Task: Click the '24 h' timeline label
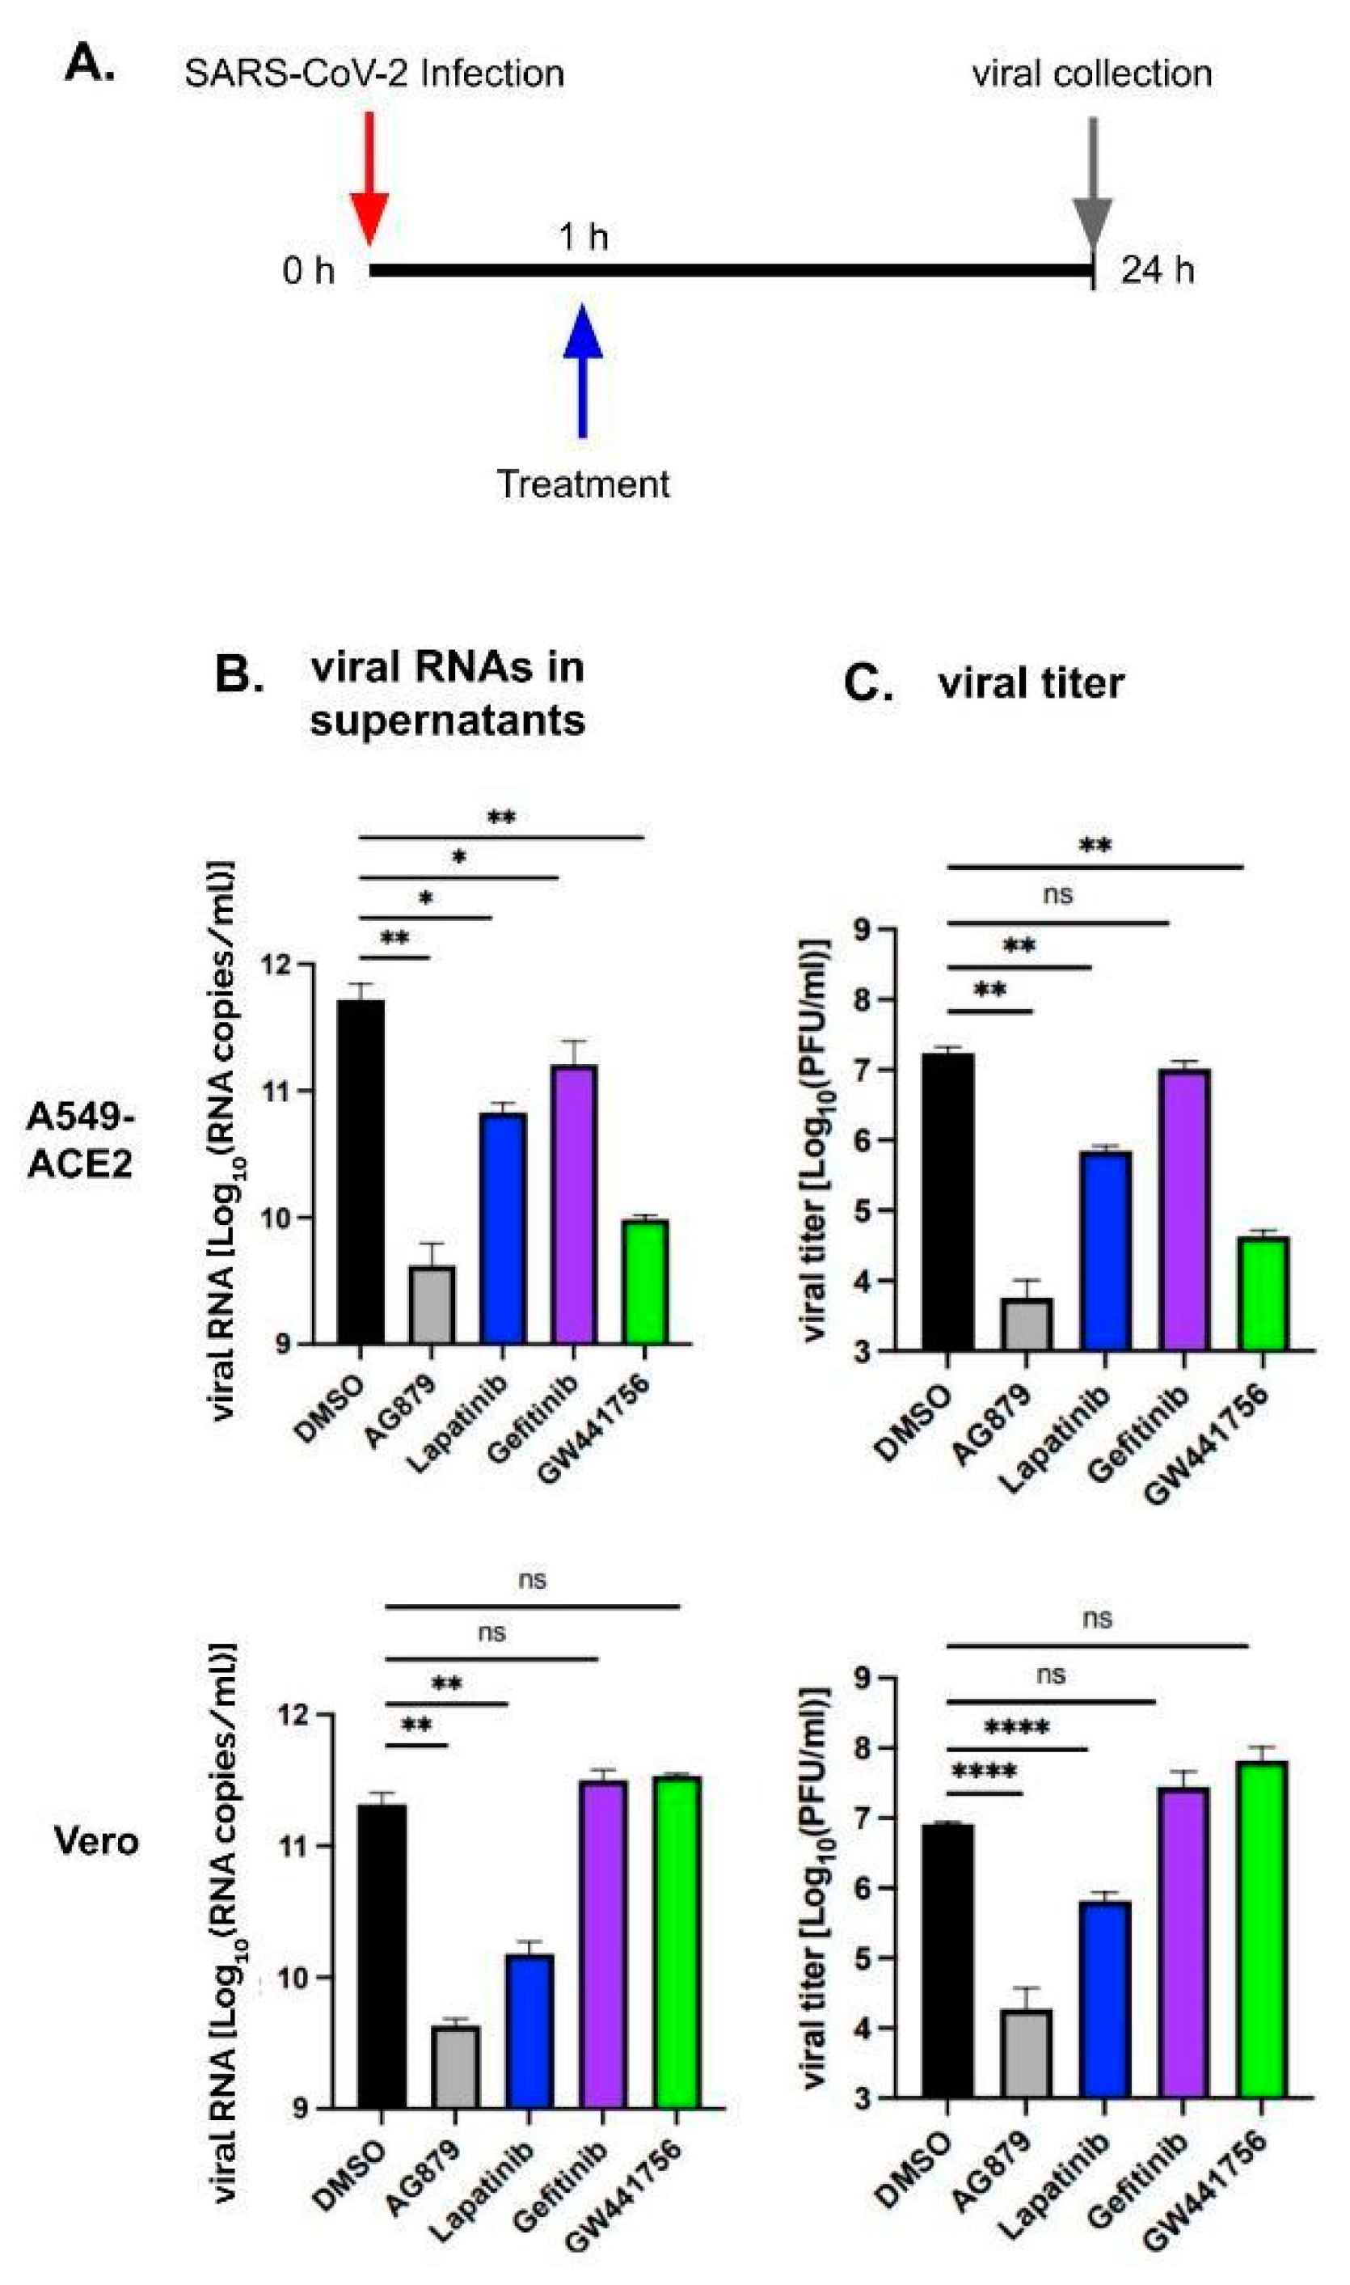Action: [x=1156, y=271]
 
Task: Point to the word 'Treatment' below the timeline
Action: [x=582, y=484]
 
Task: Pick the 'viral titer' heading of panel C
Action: [x=1031, y=683]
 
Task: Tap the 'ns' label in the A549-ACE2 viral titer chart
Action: [x=1057, y=895]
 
